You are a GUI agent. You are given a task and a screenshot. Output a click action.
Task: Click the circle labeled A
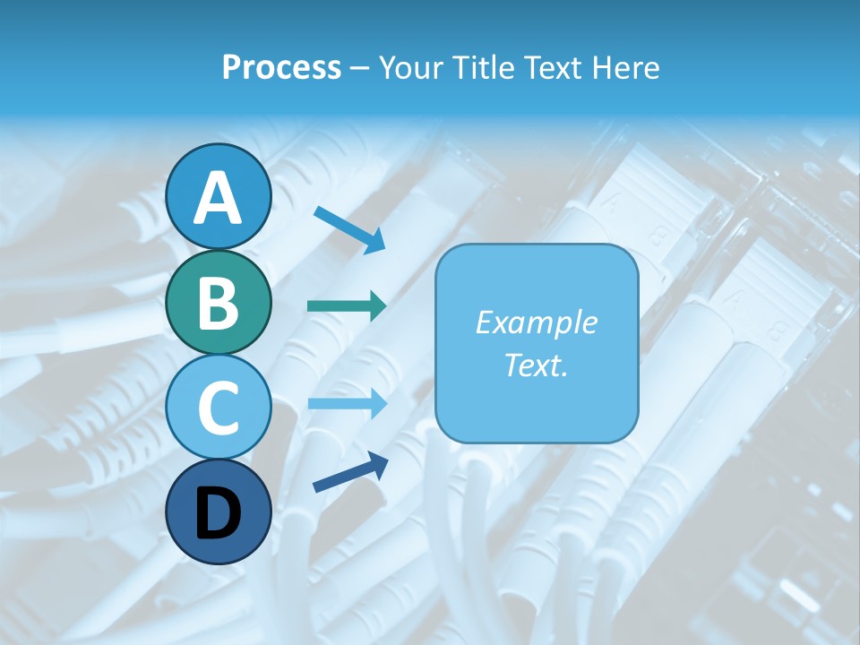218,196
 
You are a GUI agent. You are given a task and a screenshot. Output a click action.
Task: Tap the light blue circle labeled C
218,407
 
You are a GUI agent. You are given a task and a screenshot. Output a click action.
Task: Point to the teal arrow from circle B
347,305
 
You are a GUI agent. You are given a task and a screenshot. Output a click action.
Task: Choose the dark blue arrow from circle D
350,471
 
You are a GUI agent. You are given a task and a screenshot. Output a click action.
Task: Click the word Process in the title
281,67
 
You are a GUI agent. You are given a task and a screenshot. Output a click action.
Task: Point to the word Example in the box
536,322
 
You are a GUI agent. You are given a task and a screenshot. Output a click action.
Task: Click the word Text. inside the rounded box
536,365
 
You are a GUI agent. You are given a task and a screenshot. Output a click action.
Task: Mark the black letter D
218,514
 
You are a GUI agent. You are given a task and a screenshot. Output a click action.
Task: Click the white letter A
218,198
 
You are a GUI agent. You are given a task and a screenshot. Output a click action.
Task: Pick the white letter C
218,408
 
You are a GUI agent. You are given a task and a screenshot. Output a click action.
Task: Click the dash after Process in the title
360,68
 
